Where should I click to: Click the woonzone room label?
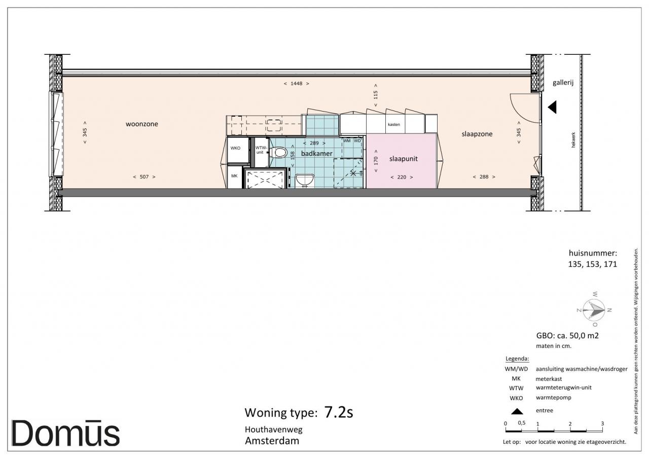point(141,124)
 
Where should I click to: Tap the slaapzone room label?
point(477,134)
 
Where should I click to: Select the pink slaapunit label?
point(403,159)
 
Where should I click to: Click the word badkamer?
point(317,153)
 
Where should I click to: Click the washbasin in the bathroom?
point(305,180)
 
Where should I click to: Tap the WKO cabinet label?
point(235,148)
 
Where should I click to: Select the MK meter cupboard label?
point(234,176)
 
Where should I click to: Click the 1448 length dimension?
point(296,84)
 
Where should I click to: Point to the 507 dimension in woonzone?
point(144,177)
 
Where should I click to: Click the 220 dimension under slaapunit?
point(402,177)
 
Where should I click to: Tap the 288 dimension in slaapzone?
point(484,177)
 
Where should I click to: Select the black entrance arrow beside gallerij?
point(552,107)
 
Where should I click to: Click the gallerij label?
point(563,83)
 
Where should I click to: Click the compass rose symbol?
point(594,310)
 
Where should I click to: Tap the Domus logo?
point(65,434)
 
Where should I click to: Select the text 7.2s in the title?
point(338,412)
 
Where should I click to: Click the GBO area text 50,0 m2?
point(584,336)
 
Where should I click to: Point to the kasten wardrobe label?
point(394,124)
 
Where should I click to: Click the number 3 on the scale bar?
point(602,423)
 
